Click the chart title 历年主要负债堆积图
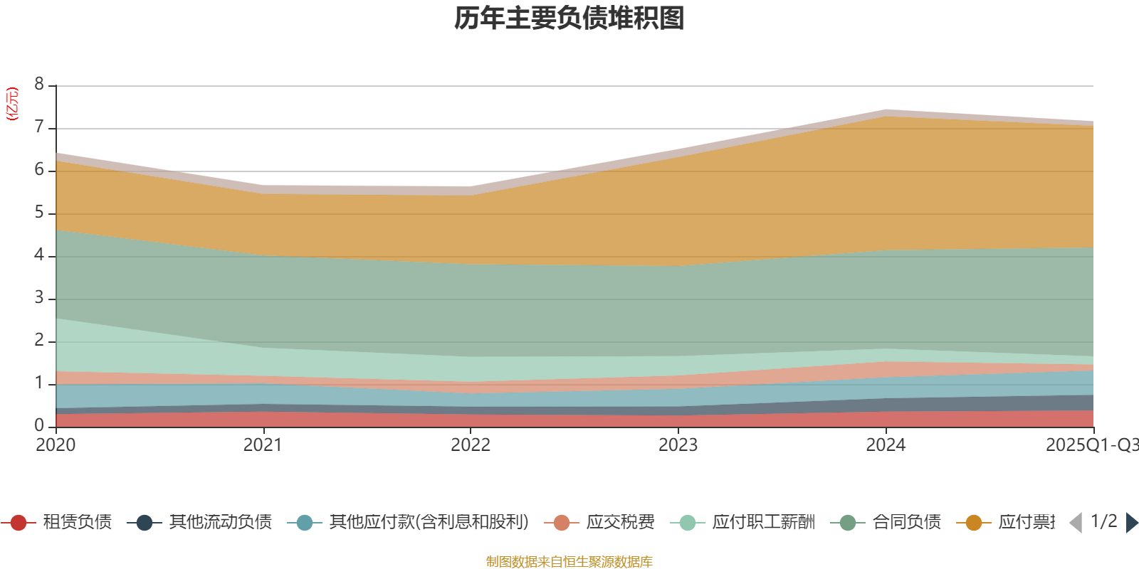point(569,18)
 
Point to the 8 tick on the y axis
point(39,85)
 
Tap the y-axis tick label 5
point(39,213)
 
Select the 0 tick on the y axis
point(39,425)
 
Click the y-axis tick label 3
point(39,298)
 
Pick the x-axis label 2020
point(56,445)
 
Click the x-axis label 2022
point(471,445)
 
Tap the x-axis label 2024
point(886,445)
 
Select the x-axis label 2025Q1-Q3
point(1091,445)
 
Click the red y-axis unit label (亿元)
point(12,104)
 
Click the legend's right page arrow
point(1132,523)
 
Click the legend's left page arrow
point(1076,523)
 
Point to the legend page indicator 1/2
point(1104,521)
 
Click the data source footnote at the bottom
point(569,562)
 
